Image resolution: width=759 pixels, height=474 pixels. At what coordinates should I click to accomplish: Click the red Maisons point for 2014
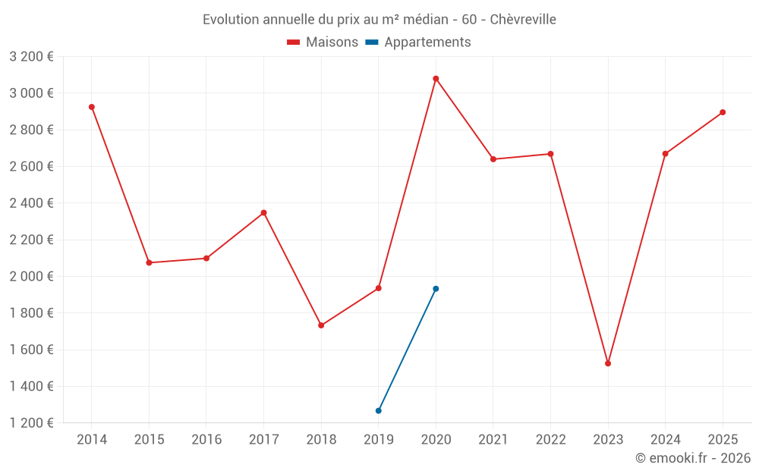[x=92, y=107]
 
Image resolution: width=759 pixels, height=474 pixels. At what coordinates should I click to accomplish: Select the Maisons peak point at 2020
[x=436, y=79]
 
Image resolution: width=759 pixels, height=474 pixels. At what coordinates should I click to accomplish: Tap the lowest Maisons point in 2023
[x=608, y=363]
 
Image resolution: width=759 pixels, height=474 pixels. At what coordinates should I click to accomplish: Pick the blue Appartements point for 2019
[x=379, y=410]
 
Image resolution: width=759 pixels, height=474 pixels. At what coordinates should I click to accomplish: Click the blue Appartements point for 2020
[x=436, y=289]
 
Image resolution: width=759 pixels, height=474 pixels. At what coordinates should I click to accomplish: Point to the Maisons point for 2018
[x=321, y=325]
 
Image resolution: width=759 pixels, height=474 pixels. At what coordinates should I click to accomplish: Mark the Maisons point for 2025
[x=723, y=112]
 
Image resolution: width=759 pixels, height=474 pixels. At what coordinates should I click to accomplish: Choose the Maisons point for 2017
[x=264, y=212]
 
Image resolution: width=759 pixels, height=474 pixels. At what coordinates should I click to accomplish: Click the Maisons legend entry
[x=323, y=42]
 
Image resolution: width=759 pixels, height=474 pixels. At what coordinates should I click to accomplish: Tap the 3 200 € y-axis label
[x=31, y=57]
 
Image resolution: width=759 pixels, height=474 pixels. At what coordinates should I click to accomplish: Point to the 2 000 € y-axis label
[x=31, y=277]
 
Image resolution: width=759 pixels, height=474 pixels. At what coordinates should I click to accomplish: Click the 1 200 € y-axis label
[x=31, y=423]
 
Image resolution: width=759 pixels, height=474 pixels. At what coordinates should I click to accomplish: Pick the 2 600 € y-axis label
[x=31, y=167]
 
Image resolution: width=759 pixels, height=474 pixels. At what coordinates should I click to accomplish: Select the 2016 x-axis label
[x=206, y=440]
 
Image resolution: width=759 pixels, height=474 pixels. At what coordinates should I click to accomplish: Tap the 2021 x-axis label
[x=493, y=440]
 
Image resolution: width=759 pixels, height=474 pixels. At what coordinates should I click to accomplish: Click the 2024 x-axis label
[x=666, y=440]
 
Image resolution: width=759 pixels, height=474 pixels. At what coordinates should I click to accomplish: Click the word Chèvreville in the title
[x=523, y=20]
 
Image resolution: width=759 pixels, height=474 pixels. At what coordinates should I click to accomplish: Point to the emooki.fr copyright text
[x=693, y=458]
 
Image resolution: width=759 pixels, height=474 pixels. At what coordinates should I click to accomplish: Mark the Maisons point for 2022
[x=551, y=154]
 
